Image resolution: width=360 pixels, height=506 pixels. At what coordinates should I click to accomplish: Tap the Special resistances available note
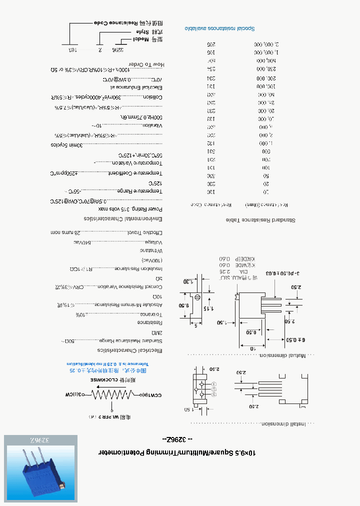click(220, 28)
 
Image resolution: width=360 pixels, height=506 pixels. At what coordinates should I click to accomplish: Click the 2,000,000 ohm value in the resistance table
click(265, 44)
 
